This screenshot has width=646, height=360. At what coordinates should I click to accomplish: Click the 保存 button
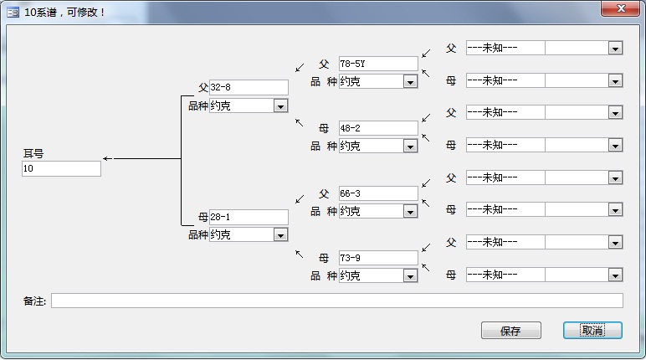511,331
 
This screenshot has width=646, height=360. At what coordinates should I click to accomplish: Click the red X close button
621,8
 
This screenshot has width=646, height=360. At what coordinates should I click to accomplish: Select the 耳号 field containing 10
61,168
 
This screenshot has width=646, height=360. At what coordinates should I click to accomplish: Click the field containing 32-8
249,87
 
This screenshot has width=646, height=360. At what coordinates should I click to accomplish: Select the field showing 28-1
249,217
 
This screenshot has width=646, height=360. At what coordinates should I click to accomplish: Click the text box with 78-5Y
378,64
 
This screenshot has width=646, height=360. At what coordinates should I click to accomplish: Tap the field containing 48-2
378,128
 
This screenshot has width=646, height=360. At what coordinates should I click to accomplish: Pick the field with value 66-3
378,193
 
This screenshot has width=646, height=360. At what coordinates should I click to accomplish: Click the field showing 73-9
378,258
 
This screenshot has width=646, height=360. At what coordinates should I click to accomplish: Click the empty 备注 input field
337,301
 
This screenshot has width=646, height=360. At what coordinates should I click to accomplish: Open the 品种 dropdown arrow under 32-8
280,106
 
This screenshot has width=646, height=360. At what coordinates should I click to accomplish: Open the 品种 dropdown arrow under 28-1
280,235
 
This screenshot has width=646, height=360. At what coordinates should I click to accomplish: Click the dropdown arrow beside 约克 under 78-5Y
410,82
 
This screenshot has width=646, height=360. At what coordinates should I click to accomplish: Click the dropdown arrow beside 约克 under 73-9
410,276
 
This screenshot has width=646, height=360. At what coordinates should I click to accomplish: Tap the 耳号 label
33,153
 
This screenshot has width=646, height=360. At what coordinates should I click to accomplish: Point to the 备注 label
34,301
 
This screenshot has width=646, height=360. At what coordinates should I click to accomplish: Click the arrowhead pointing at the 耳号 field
106,158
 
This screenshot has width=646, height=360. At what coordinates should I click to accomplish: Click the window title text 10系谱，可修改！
64,13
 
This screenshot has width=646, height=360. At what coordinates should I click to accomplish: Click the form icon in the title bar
13,13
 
